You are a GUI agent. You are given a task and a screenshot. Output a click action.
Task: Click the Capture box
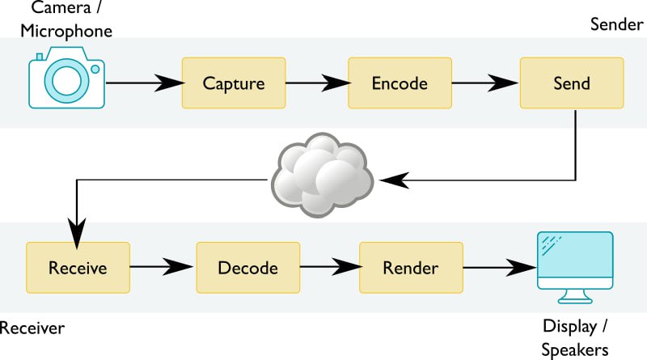[x=234, y=83]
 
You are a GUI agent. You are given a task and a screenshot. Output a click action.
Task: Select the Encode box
[x=400, y=83]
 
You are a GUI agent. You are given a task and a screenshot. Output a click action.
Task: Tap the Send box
[x=571, y=83]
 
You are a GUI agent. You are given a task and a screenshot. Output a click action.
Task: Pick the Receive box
[x=78, y=268]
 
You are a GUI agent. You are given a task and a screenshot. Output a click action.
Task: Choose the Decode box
[x=247, y=268]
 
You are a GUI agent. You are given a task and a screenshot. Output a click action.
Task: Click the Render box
[x=410, y=268]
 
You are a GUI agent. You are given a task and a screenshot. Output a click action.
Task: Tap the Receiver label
[x=32, y=328]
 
